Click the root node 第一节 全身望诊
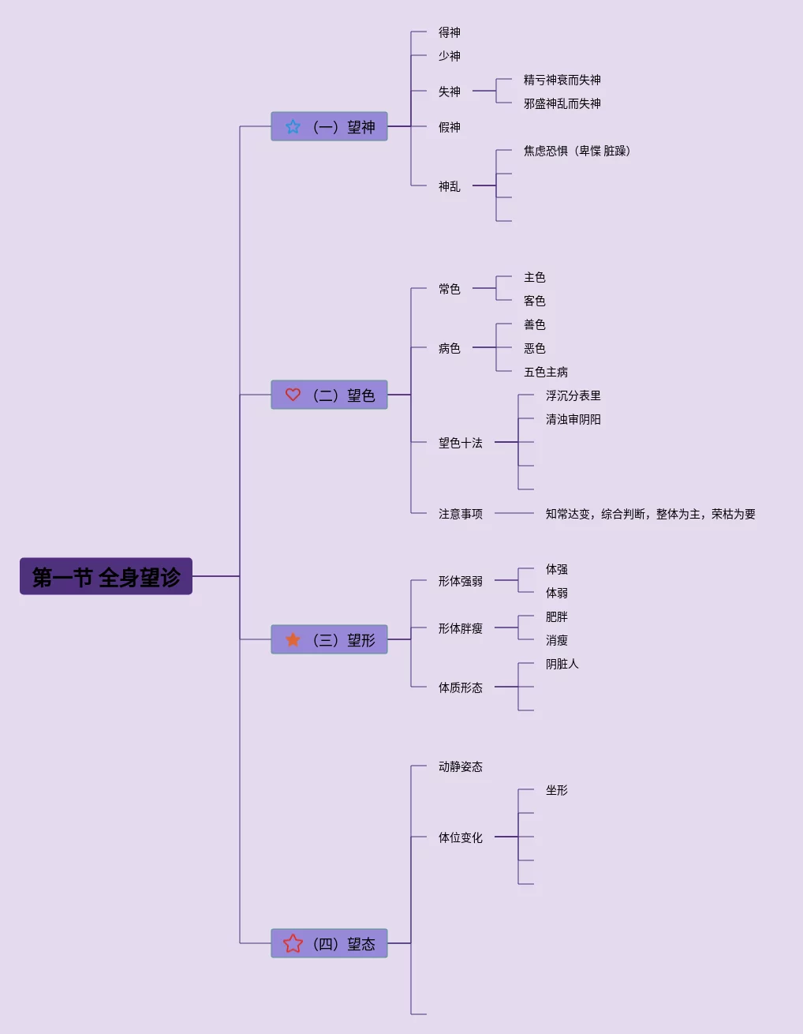point(106,576)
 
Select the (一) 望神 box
point(329,126)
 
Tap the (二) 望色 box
point(329,395)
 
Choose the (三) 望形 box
point(329,639)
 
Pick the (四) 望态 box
point(329,943)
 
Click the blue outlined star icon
point(293,126)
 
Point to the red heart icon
point(293,395)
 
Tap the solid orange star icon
point(293,639)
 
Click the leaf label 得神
point(450,32)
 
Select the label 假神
point(450,127)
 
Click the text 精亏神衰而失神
point(562,80)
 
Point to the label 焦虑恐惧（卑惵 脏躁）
point(577,151)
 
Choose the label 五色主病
point(546,372)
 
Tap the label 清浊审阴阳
point(573,419)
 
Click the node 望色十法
point(460,443)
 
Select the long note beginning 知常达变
point(651,514)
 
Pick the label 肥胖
point(557,616)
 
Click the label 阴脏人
point(562,664)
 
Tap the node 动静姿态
point(460,766)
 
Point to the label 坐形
point(557,790)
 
